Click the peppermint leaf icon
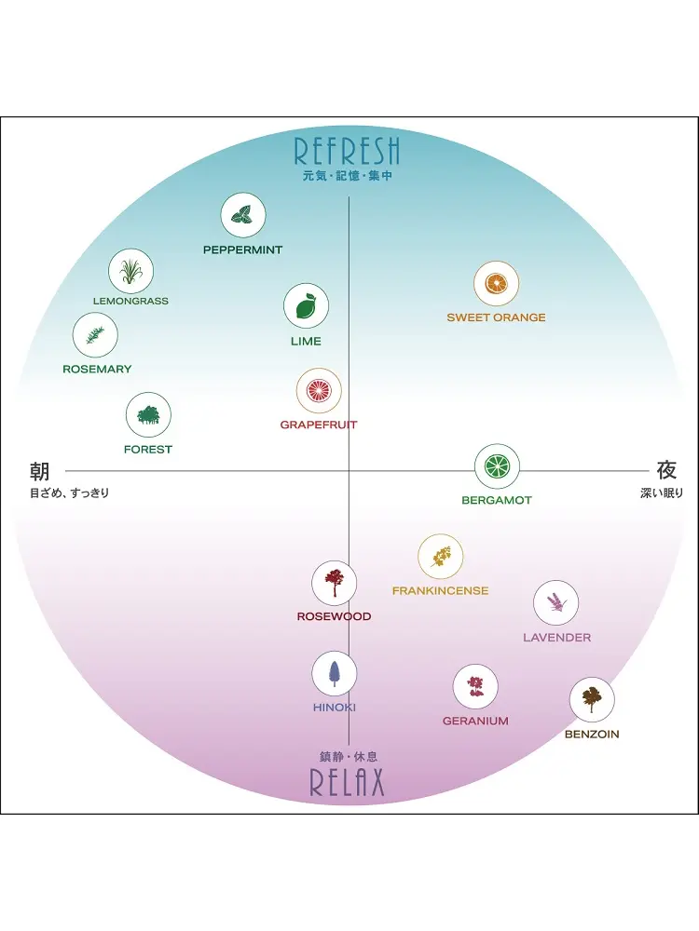pyautogui.click(x=243, y=216)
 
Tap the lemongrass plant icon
pyautogui.click(x=130, y=272)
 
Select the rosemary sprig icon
pyautogui.click(x=95, y=335)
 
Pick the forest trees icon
pyautogui.click(x=148, y=414)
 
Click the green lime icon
pyautogui.click(x=306, y=306)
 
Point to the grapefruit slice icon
pyautogui.click(x=319, y=391)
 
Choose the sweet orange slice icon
pyautogui.click(x=496, y=284)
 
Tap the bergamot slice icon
pyautogui.click(x=497, y=466)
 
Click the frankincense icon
pyautogui.click(x=440, y=557)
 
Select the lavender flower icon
pyautogui.click(x=555, y=603)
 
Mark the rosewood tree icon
pyautogui.click(x=334, y=583)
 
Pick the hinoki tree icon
pyautogui.click(x=334, y=673)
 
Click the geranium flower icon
pyautogui.click(x=475, y=687)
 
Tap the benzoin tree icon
pyautogui.click(x=592, y=699)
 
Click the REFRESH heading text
pyautogui.click(x=347, y=151)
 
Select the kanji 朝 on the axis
pyautogui.click(x=39, y=471)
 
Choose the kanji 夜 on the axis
pyautogui.click(x=666, y=470)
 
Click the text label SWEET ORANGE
pyautogui.click(x=496, y=317)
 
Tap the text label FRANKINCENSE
pyautogui.click(x=440, y=591)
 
